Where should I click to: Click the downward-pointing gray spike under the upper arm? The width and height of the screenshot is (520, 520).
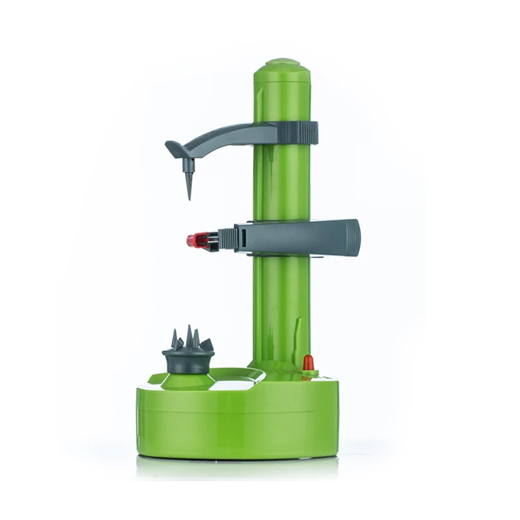(189, 182)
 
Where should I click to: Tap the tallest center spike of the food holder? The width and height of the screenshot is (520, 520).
(189, 337)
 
